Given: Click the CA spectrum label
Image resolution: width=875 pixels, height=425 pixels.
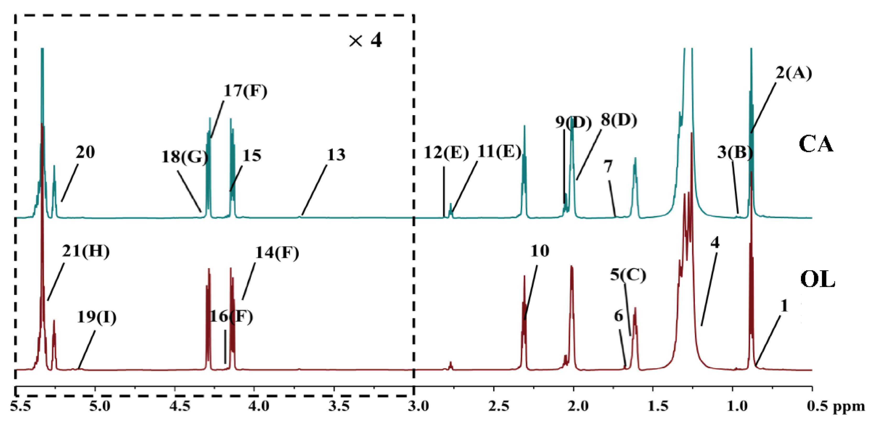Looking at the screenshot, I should click(816, 144).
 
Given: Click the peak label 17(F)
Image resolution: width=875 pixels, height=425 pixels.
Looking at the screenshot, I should click(245, 91).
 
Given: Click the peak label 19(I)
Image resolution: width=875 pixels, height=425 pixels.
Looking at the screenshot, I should click(97, 317).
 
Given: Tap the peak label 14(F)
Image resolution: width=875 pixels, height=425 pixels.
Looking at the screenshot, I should click(277, 253).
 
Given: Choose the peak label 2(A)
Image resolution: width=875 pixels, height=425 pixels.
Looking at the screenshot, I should click(794, 73).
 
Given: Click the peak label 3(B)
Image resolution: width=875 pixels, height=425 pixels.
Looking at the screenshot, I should click(735, 152).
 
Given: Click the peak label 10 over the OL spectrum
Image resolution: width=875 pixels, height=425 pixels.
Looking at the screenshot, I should click(540, 251).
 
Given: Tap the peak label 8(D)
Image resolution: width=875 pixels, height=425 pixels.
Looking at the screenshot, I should click(618, 120).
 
